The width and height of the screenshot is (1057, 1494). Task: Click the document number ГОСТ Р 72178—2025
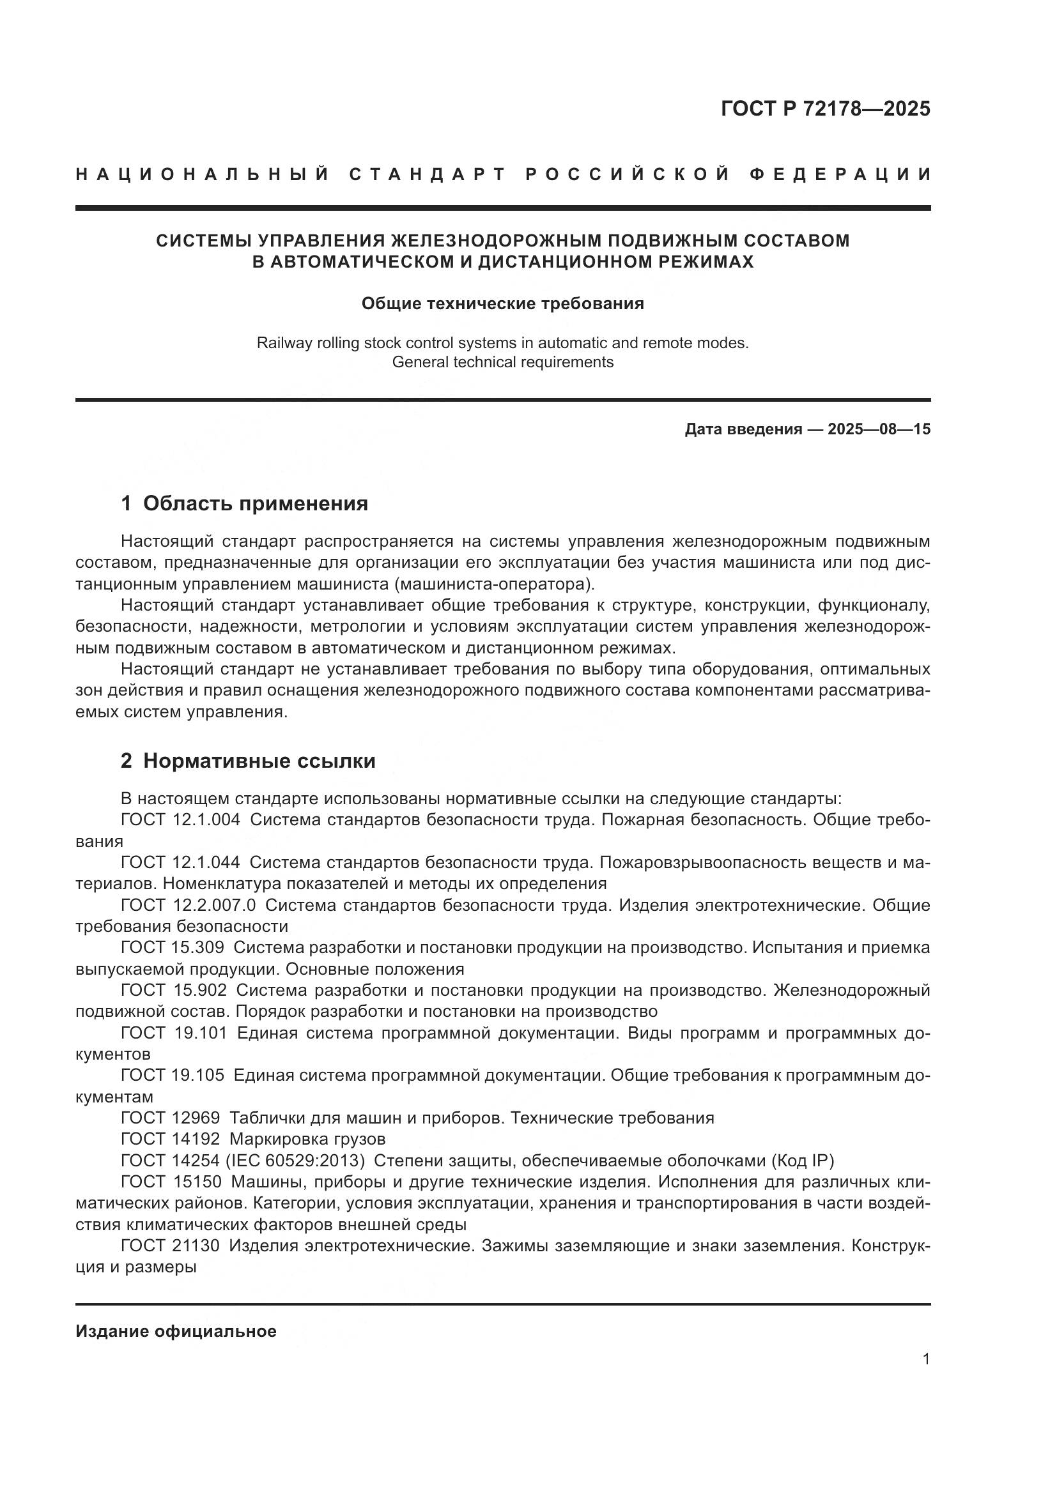coord(825,109)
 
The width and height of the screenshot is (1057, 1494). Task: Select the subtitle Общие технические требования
coord(502,304)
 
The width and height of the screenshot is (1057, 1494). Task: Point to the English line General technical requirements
coord(502,362)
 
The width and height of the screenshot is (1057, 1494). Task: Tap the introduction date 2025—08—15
coord(879,429)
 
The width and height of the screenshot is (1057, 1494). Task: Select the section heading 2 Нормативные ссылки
coord(248,761)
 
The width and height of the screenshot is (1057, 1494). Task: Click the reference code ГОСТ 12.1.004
coord(180,820)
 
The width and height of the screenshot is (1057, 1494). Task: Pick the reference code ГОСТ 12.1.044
coord(180,863)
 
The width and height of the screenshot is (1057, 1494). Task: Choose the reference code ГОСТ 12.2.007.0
coord(188,906)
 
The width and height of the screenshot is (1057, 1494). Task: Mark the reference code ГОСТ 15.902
coord(174,991)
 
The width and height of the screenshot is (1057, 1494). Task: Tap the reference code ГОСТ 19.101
coord(174,1034)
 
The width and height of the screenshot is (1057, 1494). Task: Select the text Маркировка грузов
coord(308,1140)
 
